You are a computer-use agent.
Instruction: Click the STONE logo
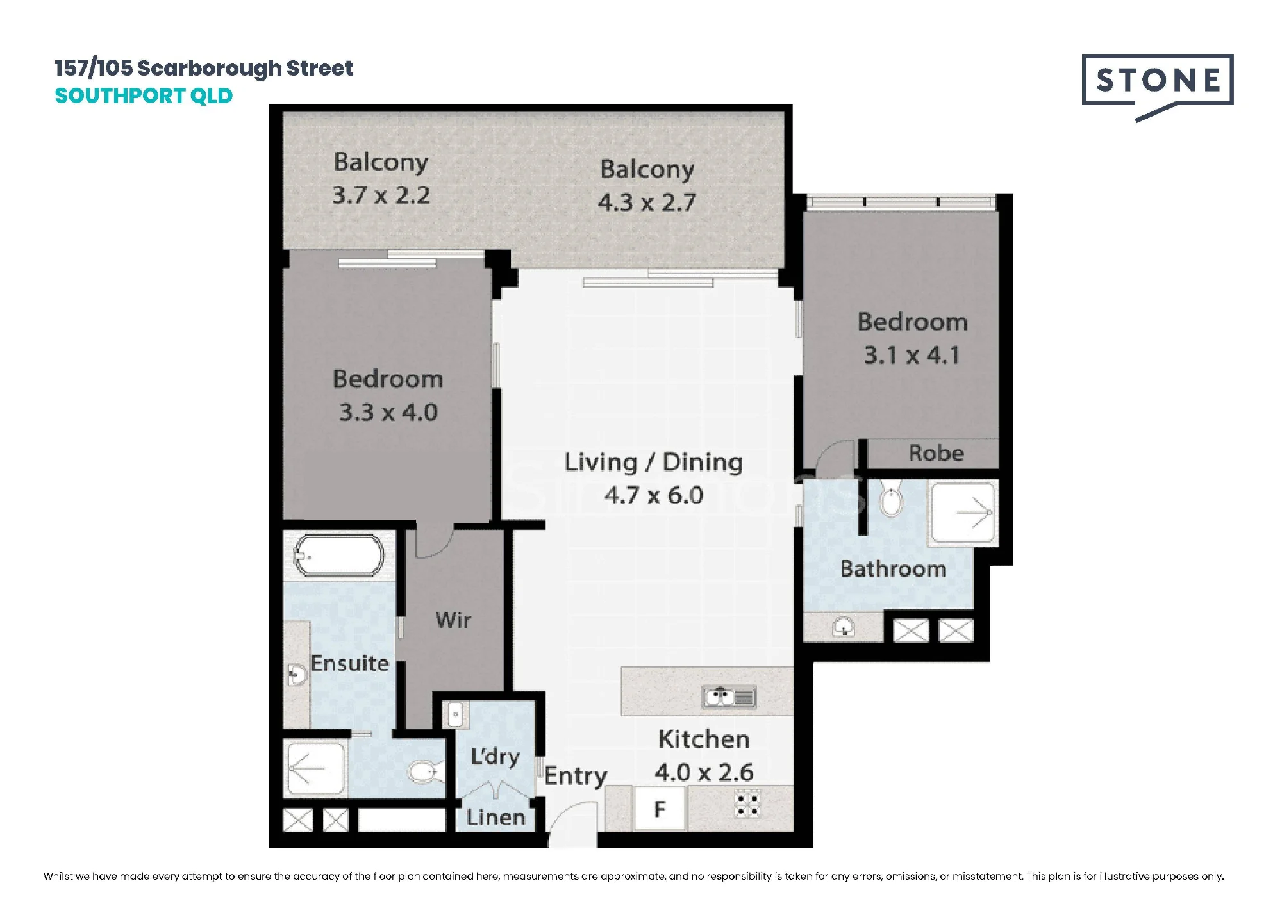[x=1158, y=83]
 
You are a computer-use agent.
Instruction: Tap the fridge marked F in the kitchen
[x=660, y=809]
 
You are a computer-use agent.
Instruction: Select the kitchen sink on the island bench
[x=729, y=696]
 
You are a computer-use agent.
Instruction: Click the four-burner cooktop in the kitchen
[x=747, y=804]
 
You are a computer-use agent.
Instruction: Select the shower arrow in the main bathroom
[x=974, y=513]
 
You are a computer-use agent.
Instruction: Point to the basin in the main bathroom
[x=844, y=627]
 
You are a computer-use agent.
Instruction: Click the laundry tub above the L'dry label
[x=454, y=714]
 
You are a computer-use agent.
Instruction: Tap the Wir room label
[x=453, y=620]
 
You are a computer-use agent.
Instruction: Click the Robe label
[x=936, y=453]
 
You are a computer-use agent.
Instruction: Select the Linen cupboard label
[x=496, y=817]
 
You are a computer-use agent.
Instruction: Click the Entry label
[x=576, y=777]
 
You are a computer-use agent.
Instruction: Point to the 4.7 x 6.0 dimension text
[x=654, y=495]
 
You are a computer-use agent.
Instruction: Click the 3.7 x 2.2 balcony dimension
[x=381, y=195]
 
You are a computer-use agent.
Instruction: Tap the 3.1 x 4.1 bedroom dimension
[x=912, y=355]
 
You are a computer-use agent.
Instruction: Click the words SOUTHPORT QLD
[x=144, y=96]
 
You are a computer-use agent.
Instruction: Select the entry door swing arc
[x=561, y=812]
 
